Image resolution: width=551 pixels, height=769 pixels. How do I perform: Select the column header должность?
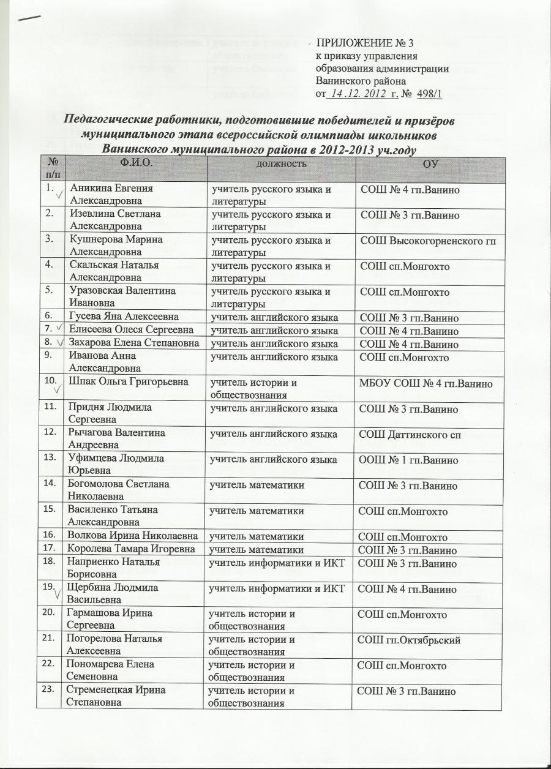(282, 164)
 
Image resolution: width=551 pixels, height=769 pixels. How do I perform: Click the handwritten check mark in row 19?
(57, 595)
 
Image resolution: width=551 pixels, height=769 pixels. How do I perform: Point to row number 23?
(51, 688)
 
